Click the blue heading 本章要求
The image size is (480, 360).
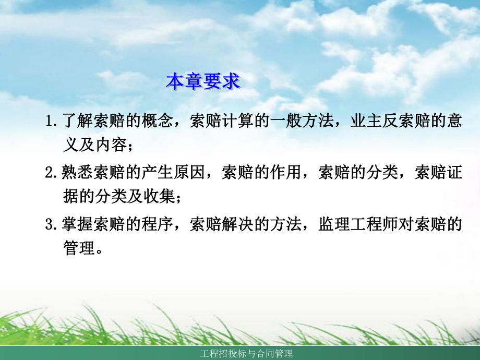click(203, 82)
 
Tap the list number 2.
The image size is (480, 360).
click(51, 173)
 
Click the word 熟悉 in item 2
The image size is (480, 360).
click(77, 173)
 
